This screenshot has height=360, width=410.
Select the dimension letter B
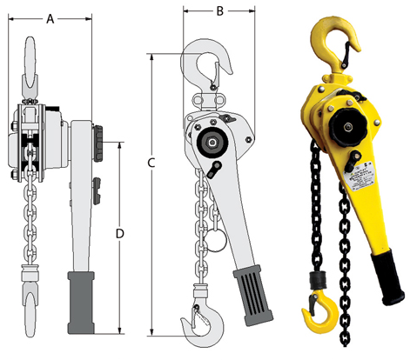coord(219,12)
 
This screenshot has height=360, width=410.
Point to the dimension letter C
coord(151,162)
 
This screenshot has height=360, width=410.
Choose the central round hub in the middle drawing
coord(212,141)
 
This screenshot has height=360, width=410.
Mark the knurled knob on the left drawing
coord(100,138)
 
